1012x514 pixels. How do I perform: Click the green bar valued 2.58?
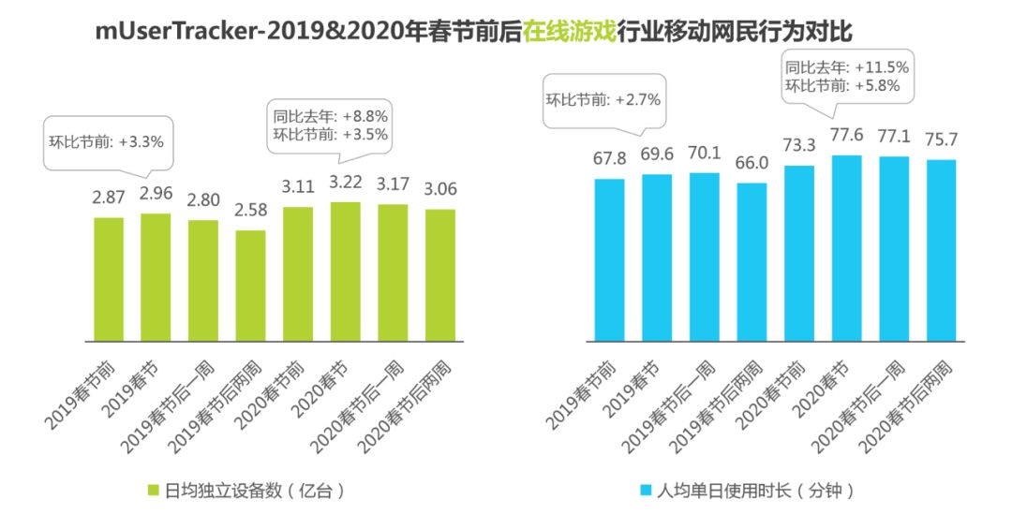tap(250, 285)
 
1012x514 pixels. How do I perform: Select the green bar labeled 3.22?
tap(345, 271)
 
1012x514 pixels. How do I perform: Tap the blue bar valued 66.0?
tap(752, 261)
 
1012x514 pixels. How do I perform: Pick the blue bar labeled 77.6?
tap(846, 247)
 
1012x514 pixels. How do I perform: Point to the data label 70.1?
tap(704, 155)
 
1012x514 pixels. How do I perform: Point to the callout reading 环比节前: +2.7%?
tap(604, 98)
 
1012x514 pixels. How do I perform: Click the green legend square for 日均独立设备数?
tap(155, 490)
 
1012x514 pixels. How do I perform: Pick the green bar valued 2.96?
tap(156, 276)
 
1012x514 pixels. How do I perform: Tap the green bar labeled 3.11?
tap(297, 273)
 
